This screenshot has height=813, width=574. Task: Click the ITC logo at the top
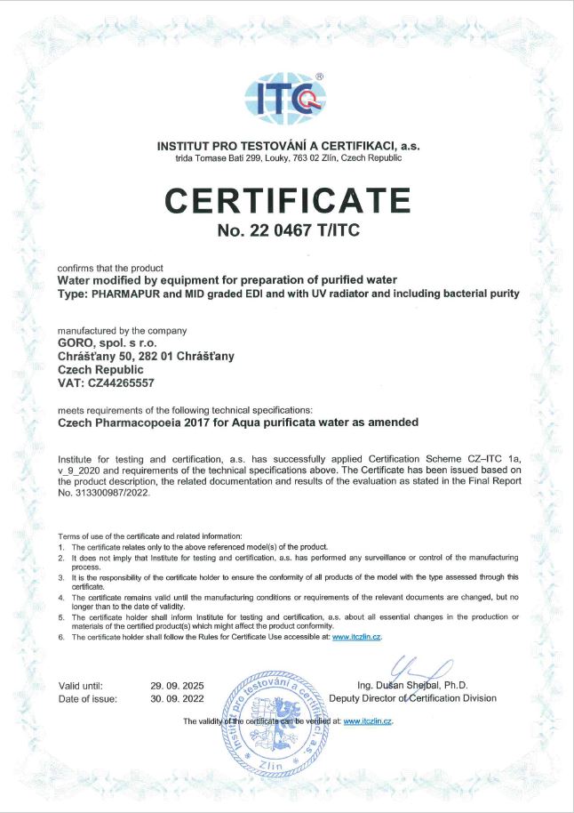287,100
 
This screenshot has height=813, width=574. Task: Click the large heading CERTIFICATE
287,201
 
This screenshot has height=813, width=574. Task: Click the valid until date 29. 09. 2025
178,686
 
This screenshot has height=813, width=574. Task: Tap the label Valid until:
81,686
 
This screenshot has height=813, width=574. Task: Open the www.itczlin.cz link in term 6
357,638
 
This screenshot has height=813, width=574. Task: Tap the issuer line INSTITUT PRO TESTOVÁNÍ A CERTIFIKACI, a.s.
287,145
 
